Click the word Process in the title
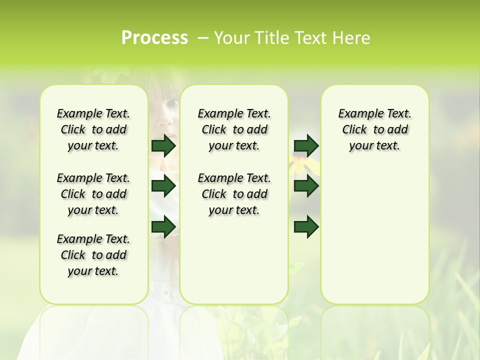click(154, 38)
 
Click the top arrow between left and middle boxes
click(163, 145)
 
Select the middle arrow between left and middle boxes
click(163, 186)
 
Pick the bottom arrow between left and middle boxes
click(163, 226)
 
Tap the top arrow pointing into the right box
click(306, 145)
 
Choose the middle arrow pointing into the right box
click(306, 186)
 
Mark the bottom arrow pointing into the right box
click(306, 226)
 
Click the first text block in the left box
click(93, 129)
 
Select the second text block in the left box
click(93, 194)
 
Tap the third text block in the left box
click(93, 255)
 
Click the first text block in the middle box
click(234, 129)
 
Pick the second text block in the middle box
click(234, 194)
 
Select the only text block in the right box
click(374, 129)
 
